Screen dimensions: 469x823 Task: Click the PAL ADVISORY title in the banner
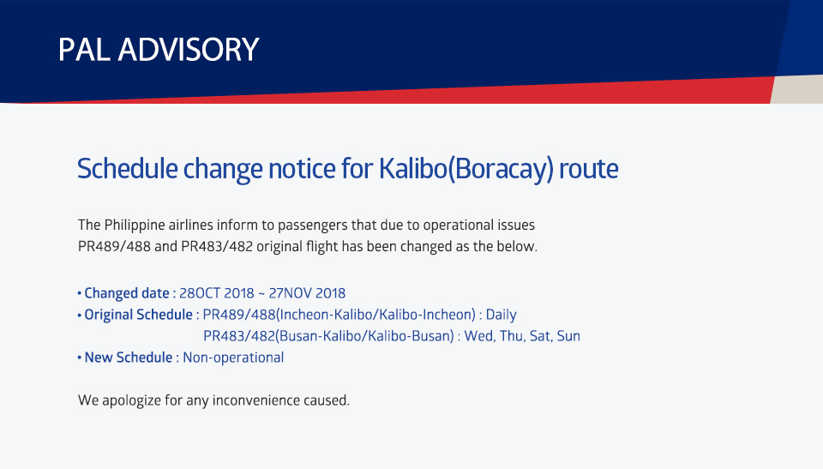(x=159, y=50)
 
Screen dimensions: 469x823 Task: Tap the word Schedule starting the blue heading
(x=127, y=169)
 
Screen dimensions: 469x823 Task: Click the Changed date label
(x=127, y=293)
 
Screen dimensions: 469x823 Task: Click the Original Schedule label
(x=139, y=315)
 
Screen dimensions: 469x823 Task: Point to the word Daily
(x=502, y=315)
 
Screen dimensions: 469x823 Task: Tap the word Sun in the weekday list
(x=568, y=336)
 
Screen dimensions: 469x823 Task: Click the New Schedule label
(x=129, y=358)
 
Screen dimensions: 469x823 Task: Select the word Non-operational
(x=233, y=358)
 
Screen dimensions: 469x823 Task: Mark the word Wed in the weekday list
(x=479, y=336)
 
